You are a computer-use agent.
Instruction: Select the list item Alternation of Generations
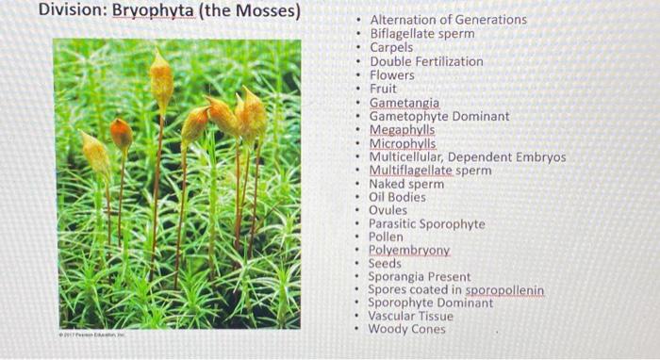[448, 20]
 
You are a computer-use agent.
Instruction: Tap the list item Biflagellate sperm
[421, 34]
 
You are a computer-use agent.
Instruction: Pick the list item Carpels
[391, 47]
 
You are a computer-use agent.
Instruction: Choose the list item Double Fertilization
[426, 61]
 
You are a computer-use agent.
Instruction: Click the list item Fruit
[384, 89]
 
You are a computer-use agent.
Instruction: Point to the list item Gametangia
[404, 103]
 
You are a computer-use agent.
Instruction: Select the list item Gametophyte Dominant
[438, 116]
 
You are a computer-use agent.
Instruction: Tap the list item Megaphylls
[402, 130]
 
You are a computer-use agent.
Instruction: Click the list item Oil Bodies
[397, 198]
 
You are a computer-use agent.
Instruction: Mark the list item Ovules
[388, 211]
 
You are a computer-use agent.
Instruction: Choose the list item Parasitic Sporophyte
[426, 224]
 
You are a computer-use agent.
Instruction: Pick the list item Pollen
[386, 237]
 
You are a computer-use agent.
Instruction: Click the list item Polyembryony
[408, 251]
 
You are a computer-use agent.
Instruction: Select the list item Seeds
[385, 264]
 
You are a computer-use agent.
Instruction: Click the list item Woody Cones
[406, 330]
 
